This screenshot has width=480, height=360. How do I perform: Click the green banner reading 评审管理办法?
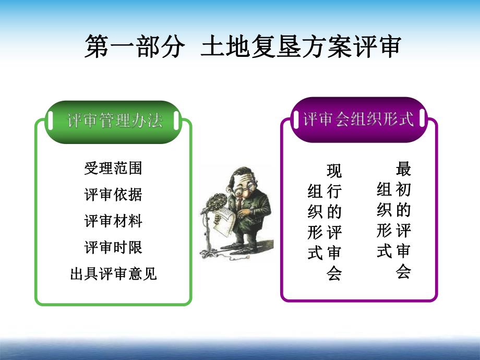[x=114, y=121]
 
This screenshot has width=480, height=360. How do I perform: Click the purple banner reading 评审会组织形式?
[x=358, y=119]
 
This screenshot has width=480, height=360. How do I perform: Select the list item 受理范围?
[x=113, y=168]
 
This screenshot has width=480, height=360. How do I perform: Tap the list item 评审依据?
[x=113, y=195]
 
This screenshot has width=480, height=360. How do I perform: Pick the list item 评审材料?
[x=113, y=221]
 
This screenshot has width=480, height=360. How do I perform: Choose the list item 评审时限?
[x=113, y=247]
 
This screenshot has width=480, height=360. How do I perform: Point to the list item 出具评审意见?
[x=113, y=273]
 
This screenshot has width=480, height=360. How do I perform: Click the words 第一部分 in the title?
[x=135, y=47]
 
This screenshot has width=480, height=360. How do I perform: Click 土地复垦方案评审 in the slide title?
[x=301, y=47]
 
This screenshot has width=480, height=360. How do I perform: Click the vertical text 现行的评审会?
[x=334, y=222]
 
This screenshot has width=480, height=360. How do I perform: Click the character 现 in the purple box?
[x=334, y=171]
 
